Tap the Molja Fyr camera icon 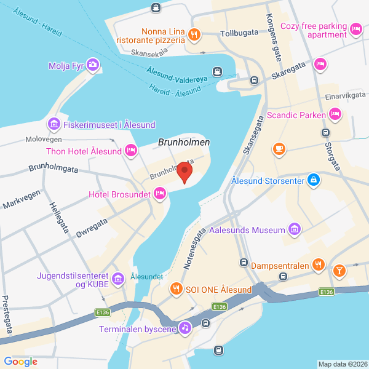92,65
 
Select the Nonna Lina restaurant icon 194,34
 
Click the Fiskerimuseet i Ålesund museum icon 54,125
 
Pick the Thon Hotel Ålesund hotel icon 130,150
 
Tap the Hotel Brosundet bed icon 159,194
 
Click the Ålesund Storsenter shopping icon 314,180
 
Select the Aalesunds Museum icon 295,230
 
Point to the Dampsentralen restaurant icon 318,266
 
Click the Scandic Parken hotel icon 335,114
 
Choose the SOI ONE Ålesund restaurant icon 176,289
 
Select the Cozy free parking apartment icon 355,29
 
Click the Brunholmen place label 184,142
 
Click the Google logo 20,362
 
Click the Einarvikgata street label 346,95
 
